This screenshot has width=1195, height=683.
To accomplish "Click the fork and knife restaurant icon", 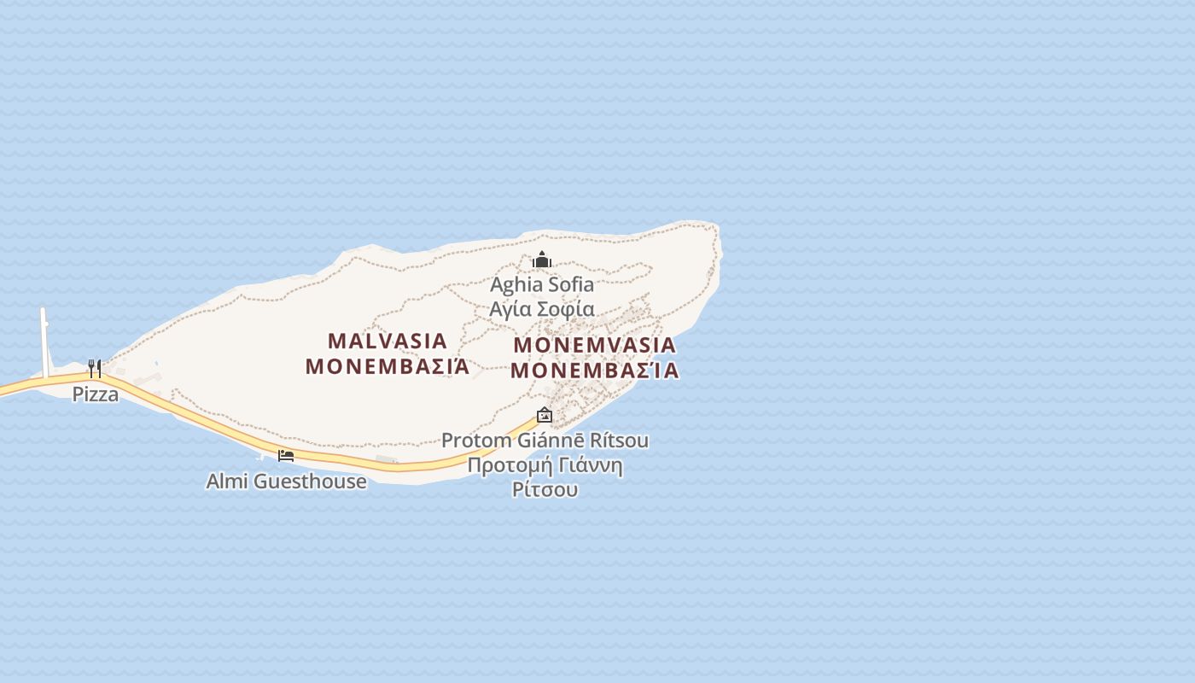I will pyautogui.click(x=95, y=369).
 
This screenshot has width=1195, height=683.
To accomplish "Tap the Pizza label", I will pyautogui.click(x=96, y=394).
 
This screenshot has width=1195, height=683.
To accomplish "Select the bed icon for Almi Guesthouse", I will pyautogui.click(x=286, y=456).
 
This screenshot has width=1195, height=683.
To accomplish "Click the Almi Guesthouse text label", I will pyautogui.click(x=287, y=482).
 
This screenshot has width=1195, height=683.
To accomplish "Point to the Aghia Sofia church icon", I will pyautogui.click(x=542, y=260).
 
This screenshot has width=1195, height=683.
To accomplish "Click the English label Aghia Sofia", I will pyautogui.click(x=542, y=284).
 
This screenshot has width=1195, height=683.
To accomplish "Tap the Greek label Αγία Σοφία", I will pyautogui.click(x=542, y=309).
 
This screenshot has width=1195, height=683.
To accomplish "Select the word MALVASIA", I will pyautogui.click(x=388, y=341).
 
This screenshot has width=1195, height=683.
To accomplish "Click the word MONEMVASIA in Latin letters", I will pyautogui.click(x=594, y=346).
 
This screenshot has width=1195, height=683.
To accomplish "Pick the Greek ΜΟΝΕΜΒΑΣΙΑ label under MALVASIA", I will pyautogui.click(x=388, y=367).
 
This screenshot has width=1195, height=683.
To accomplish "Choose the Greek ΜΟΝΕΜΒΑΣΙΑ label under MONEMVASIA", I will pyautogui.click(x=594, y=371).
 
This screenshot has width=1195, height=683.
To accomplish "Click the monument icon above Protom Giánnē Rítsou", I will pyautogui.click(x=545, y=416).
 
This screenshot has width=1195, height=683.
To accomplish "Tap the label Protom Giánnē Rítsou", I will pyautogui.click(x=545, y=441).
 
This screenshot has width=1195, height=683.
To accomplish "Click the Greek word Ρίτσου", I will pyautogui.click(x=545, y=490).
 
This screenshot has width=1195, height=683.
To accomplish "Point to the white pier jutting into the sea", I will pyautogui.click(x=44, y=341).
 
